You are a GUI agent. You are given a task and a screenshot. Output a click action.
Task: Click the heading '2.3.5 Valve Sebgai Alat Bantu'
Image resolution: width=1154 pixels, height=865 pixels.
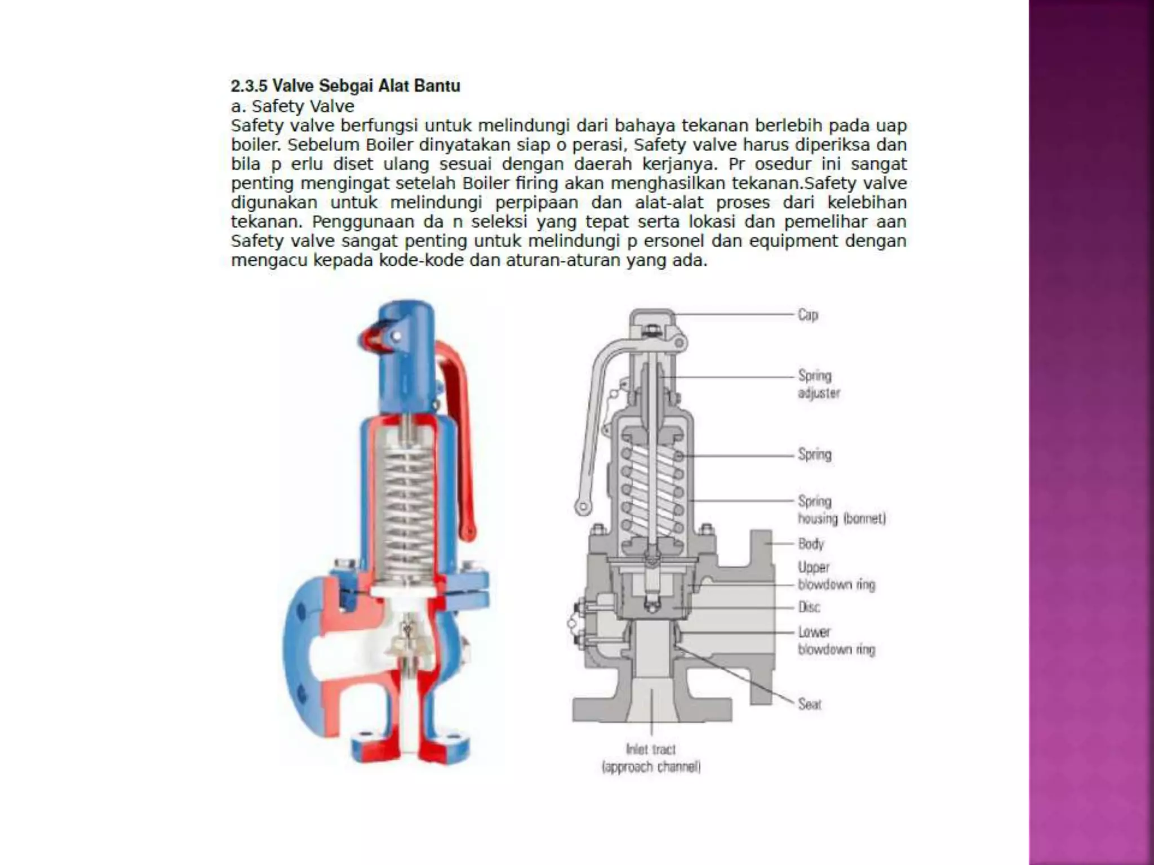pyautogui.click(x=345, y=86)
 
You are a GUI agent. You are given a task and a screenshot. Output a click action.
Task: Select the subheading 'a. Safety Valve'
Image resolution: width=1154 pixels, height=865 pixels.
pyautogui.click(x=292, y=106)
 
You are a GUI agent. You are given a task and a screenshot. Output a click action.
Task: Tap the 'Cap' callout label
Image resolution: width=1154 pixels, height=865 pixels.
pyautogui.click(x=807, y=315)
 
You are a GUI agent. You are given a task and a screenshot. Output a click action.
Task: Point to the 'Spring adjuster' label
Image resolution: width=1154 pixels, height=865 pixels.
pyautogui.click(x=818, y=384)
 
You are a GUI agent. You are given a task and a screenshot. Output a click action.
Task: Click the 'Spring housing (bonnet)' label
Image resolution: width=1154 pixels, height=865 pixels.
pyautogui.click(x=841, y=510)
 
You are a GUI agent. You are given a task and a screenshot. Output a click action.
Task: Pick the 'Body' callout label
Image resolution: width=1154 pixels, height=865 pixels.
pyautogui.click(x=811, y=544)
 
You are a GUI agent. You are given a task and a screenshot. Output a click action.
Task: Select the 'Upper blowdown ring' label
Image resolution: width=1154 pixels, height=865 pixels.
pyautogui.click(x=836, y=576)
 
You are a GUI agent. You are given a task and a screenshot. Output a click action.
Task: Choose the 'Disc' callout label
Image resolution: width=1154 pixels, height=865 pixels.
pyautogui.click(x=809, y=607)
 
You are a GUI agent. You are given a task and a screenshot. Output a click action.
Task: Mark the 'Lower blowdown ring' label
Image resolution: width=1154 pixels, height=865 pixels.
pyautogui.click(x=836, y=641)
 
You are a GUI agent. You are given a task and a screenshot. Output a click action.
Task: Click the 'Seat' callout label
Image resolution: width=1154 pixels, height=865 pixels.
pyautogui.click(x=810, y=704)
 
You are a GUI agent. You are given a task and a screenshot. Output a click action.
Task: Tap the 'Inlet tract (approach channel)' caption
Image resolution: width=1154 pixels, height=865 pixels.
pyautogui.click(x=651, y=758)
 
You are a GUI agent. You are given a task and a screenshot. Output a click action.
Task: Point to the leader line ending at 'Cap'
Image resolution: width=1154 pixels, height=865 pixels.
pyautogui.click(x=733, y=314)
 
